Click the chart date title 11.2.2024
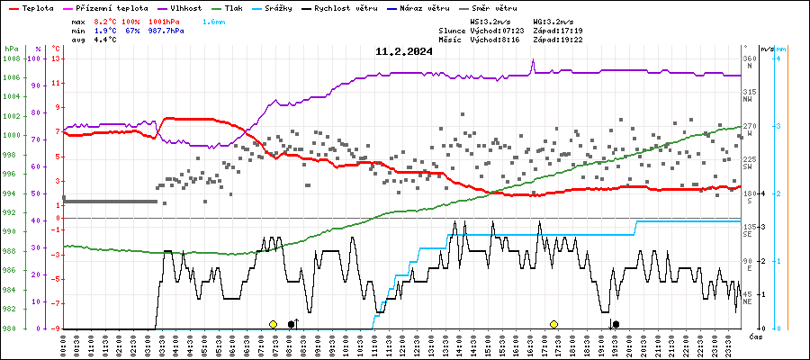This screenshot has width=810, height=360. pyautogui.click(x=404, y=51)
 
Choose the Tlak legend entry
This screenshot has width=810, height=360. pyautogui.click(x=233, y=7)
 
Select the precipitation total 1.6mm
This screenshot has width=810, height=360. pyautogui.click(x=213, y=20)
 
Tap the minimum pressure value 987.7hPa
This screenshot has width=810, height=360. pyautogui.click(x=166, y=30)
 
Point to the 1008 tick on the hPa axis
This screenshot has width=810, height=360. pyautogui.click(x=11, y=58)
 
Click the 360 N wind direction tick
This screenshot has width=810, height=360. pyautogui.click(x=748, y=63)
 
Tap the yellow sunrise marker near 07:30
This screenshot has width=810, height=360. pyautogui.click(x=273, y=323)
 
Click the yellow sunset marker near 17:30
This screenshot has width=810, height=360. pyautogui.click(x=554, y=323)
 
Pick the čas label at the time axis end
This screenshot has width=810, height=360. pyautogui.click(x=756, y=336)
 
